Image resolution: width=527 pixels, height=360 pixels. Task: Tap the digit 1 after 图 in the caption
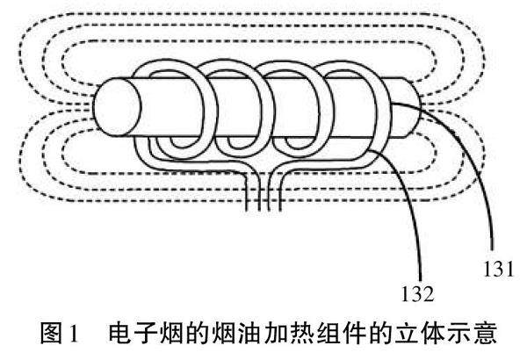pyautogui.click(x=76, y=335)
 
